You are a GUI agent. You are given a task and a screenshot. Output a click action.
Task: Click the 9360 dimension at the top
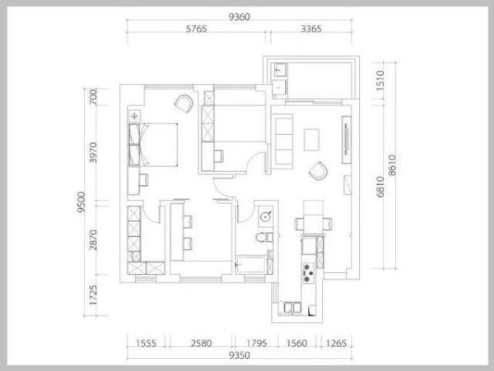click(239, 16)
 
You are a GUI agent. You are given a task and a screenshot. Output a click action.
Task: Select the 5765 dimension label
click(196, 29)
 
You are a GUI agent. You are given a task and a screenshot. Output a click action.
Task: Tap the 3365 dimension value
click(311, 29)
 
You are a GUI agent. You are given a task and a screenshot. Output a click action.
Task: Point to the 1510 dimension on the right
click(380, 81)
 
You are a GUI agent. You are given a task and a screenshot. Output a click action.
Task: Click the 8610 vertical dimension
click(392, 165)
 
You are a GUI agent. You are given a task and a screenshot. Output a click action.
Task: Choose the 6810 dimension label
click(380, 187)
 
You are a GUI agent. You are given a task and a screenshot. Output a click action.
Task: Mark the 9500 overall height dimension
click(81, 202)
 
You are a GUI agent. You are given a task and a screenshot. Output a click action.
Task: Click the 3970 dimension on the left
click(93, 153)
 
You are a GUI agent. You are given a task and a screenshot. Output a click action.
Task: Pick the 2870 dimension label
click(93, 240)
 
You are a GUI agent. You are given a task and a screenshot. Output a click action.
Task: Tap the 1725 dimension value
click(93, 294)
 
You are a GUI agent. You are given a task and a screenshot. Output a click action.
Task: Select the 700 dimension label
click(93, 97)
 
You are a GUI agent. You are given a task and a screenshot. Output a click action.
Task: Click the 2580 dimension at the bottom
click(201, 343)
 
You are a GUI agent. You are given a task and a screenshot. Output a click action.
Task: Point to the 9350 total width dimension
click(239, 355)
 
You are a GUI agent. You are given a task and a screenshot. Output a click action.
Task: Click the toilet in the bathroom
click(264, 237)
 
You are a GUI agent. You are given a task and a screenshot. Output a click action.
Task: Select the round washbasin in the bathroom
click(266, 216)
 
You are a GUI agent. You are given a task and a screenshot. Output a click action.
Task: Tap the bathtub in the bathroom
click(251, 265)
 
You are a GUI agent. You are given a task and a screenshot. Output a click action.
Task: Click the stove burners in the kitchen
click(308, 273)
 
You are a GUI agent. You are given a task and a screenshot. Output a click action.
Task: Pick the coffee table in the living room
click(311, 140)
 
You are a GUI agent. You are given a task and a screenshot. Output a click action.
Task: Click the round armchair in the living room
click(318, 171)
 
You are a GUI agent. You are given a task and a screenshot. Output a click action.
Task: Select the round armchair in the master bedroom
click(184, 104)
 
